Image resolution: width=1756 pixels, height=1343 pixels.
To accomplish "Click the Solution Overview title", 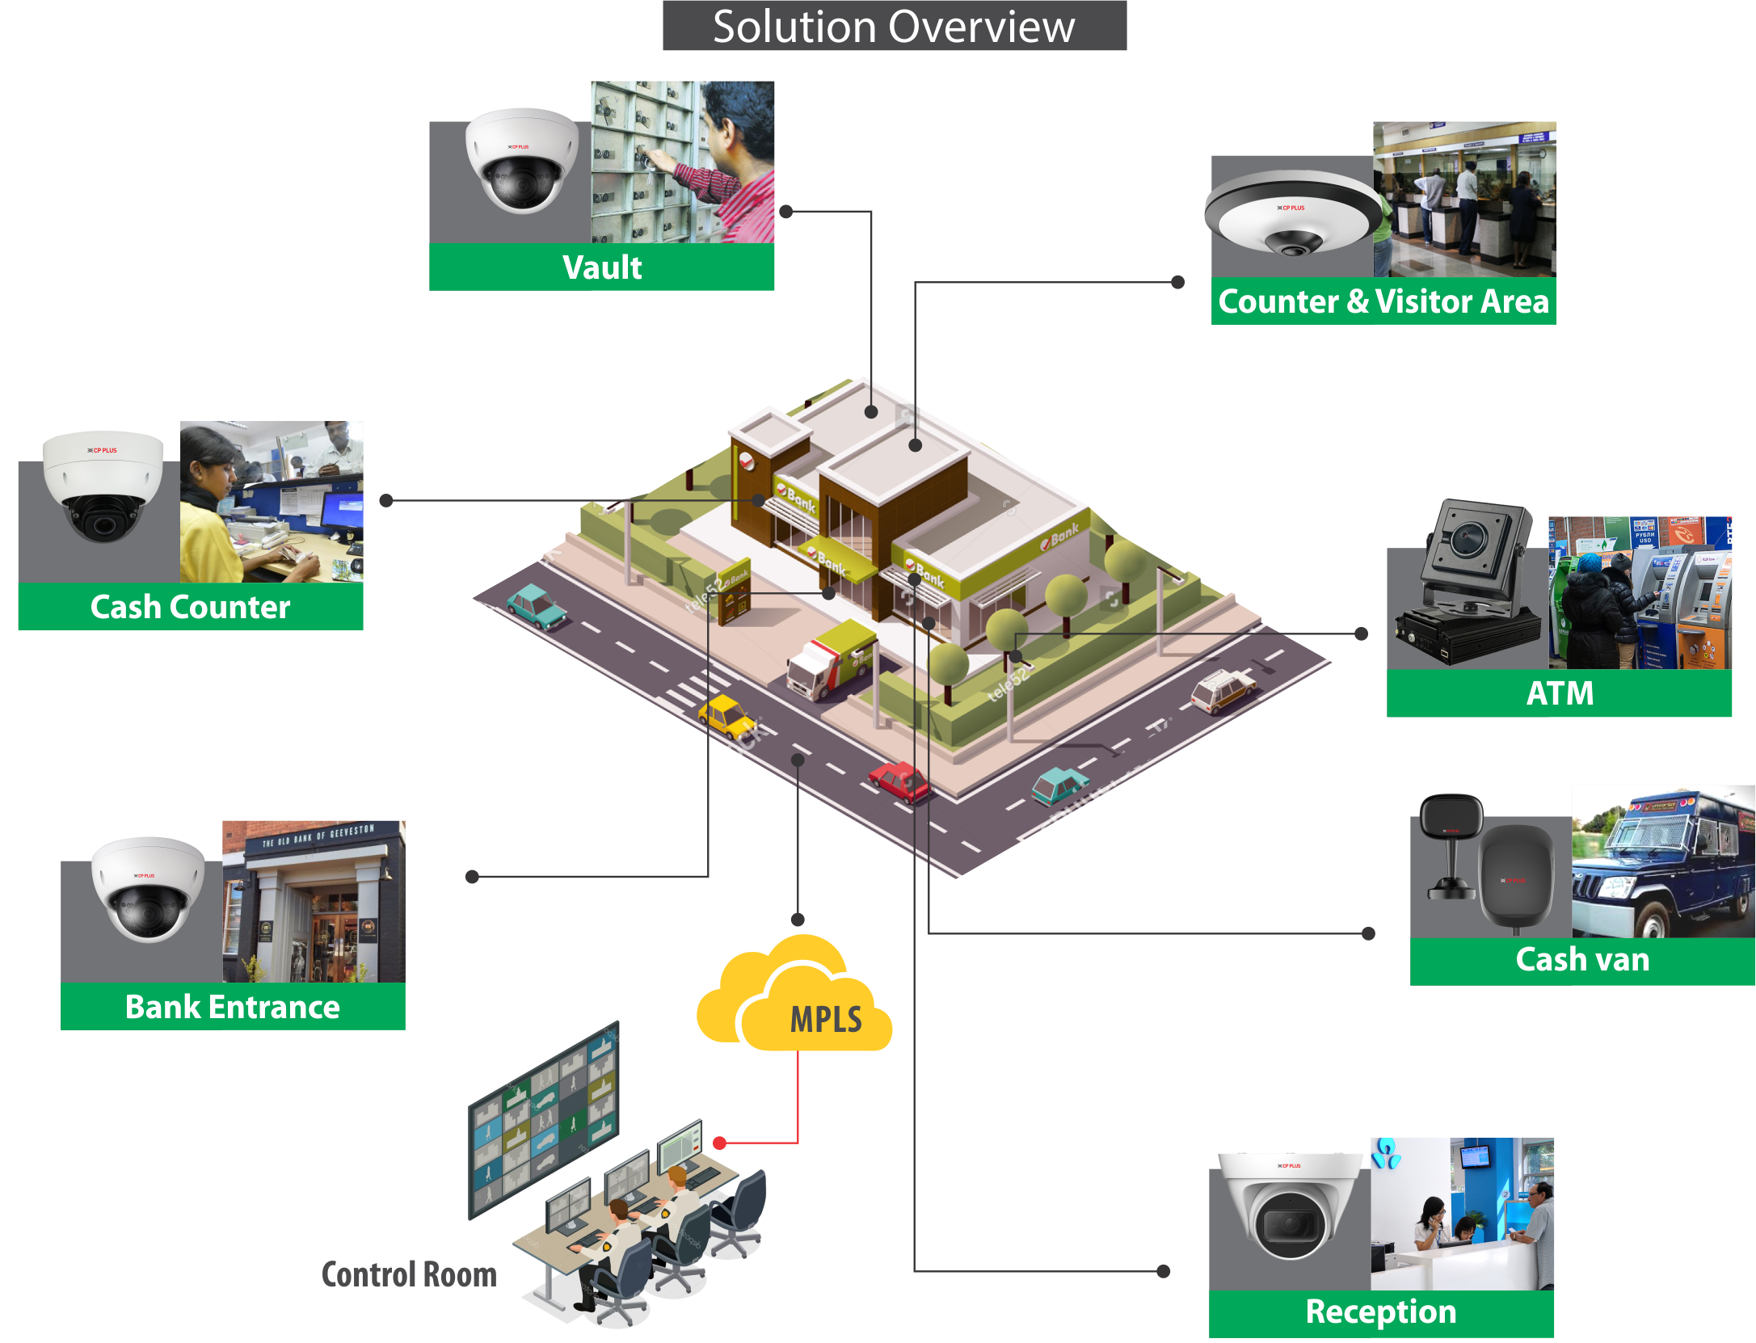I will pyautogui.click(x=894, y=27).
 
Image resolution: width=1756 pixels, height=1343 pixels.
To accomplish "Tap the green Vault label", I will pyautogui.click(x=602, y=267).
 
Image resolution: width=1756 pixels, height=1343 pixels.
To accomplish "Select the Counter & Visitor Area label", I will pyautogui.click(x=1383, y=301).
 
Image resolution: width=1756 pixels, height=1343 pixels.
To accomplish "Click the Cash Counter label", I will pyautogui.click(x=190, y=607).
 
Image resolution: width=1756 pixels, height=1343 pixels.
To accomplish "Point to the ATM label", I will pyautogui.click(x=1560, y=693).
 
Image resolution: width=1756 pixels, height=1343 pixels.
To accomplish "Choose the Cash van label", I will pyautogui.click(x=1582, y=960).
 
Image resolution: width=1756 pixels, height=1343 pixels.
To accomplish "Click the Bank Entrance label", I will pyautogui.click(x=233, y=1007).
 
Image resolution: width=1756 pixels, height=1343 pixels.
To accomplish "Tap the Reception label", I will pyautogui.click(x=1381, y=1311).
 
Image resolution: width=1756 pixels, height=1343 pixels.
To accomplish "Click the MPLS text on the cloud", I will pyautogui.click(x=826, y=1019).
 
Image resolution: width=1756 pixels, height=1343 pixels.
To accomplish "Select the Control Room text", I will pyautogui.click(x=409, y=1274).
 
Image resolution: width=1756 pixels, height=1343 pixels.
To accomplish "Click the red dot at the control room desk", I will pyautogui.click(x=720, y=1143).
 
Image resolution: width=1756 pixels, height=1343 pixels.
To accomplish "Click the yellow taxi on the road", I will pyautogui.click(x=726, y=715).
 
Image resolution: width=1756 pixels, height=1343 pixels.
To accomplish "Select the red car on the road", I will pyautogui.click(x=899, y=781).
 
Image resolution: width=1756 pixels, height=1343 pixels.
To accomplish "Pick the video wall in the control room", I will pyautogui.click(x=544, y=1119).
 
